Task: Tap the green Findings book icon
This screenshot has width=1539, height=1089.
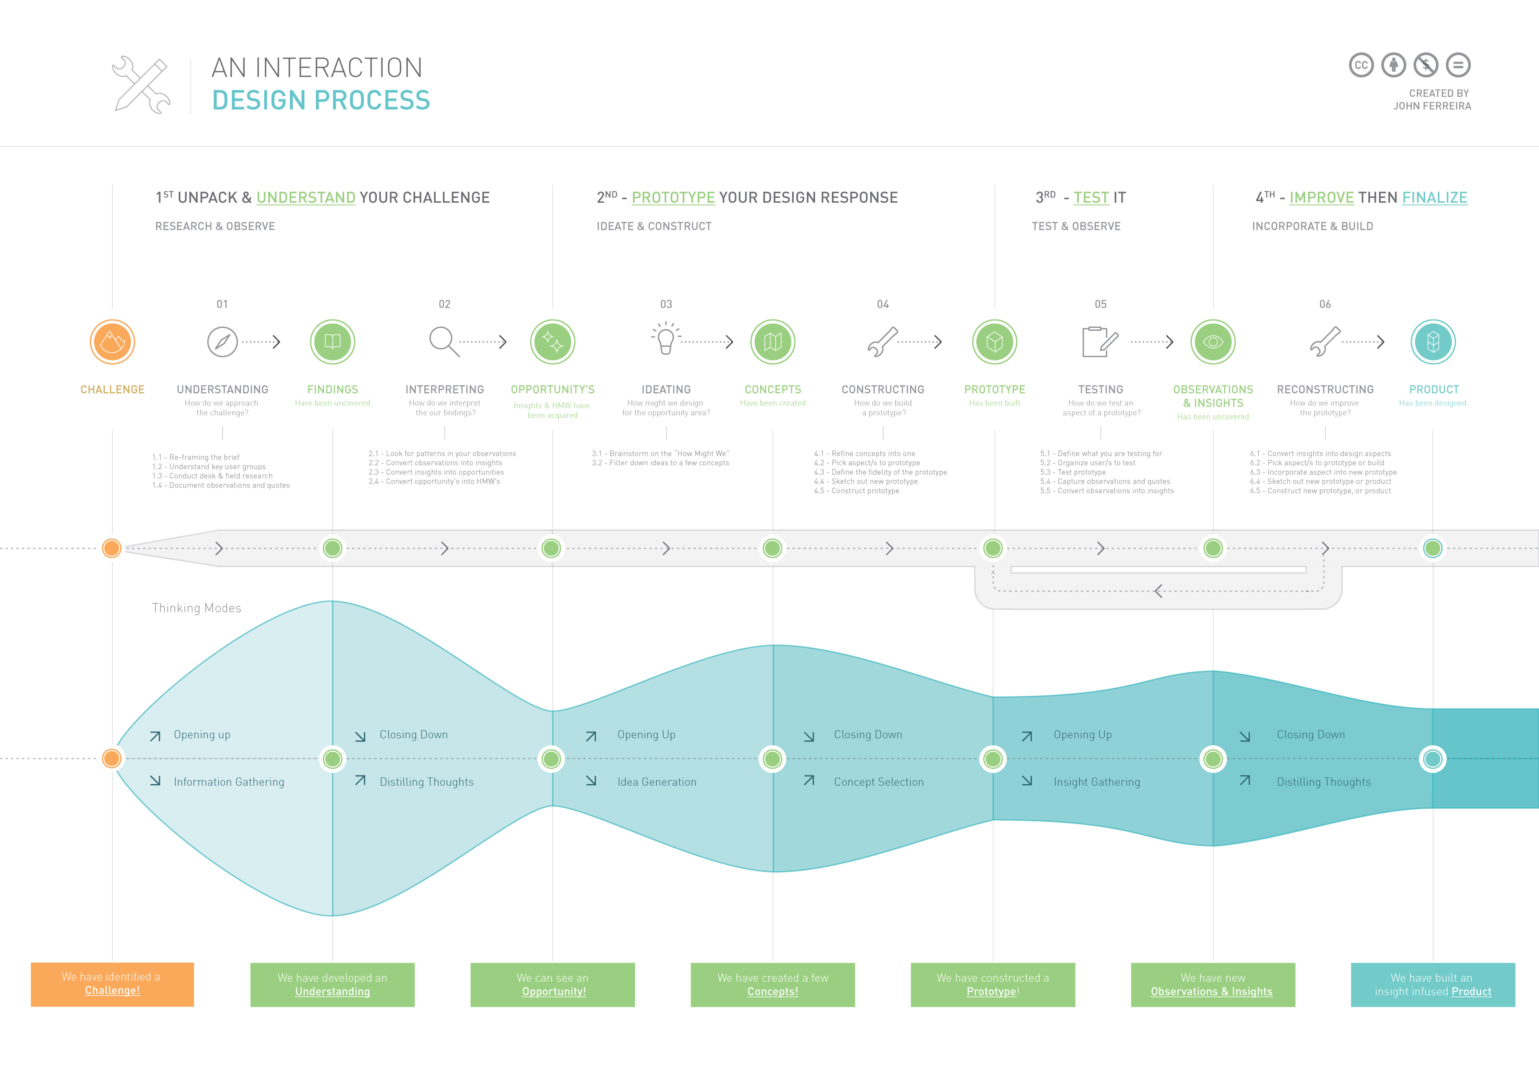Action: (x=332, y=342)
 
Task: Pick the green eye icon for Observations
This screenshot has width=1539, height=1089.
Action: (x=1212, y=342)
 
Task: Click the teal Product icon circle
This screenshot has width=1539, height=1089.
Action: (x=1433, y=342)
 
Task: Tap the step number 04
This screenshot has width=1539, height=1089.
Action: (x=883, y=305)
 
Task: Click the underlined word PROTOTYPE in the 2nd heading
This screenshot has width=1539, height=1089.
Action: (x=673, y=198)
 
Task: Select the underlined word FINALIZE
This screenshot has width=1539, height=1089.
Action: (x=1434, y=198)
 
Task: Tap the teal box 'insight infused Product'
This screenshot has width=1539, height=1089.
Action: (x=1433, y=985)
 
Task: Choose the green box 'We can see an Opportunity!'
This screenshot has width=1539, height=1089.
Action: (x=552, y=985)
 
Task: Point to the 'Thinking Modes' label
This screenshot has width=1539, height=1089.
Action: (x=196, y=608)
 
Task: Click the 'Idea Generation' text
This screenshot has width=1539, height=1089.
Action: (x=656, y=782)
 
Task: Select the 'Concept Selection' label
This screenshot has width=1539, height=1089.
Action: (x=878, y=782)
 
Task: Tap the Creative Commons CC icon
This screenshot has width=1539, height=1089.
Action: (x=1361, y=65)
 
